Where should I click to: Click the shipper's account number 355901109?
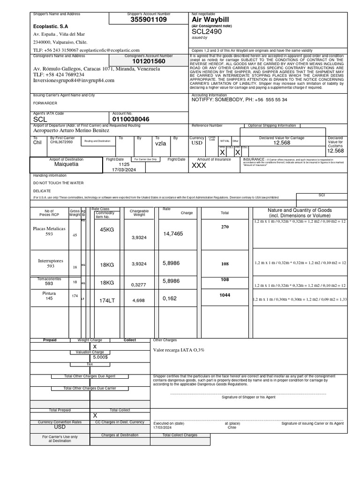[148, 20]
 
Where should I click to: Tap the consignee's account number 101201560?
[149, 61]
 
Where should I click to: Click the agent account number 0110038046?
[131, 119]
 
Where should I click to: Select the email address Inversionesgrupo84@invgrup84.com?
[74, 81]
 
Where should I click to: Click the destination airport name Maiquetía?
[66, 165]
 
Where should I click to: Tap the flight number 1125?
[124, 165]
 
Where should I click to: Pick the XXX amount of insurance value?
[199, 165]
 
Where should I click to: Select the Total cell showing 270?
[225, 227]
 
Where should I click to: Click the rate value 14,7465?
[173, 233]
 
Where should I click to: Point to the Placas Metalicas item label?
[49, 228]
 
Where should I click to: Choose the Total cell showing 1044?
[225, 295]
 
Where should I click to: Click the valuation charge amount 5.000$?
[100, 357]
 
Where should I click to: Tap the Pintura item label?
[49, 293]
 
